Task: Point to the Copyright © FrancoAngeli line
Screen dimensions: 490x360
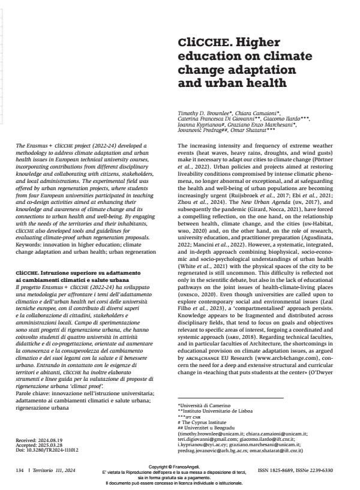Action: pos(179,465)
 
